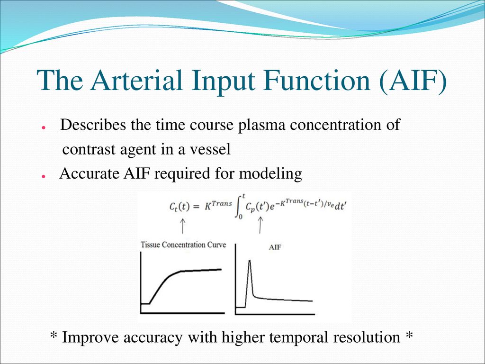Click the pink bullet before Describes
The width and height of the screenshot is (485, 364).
(x=44, y=127)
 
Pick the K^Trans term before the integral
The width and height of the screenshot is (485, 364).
(x=218, y=205)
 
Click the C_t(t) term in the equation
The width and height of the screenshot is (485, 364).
(x=179, y=207)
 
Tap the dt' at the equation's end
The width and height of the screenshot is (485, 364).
(x=340, y=207)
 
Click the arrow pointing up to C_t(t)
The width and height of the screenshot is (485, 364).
(x=182, y=226)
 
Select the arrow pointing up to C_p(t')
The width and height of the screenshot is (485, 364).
(x=260, y=225)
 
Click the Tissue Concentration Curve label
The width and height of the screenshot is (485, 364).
(x=183, y=245)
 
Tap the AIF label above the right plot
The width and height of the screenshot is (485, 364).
(x=275, y=247)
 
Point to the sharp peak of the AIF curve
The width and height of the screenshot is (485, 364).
(x=250, y=261)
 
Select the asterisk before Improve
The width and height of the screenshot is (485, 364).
(x=54, y=335)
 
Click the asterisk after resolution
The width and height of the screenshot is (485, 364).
(x=409, y=335)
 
